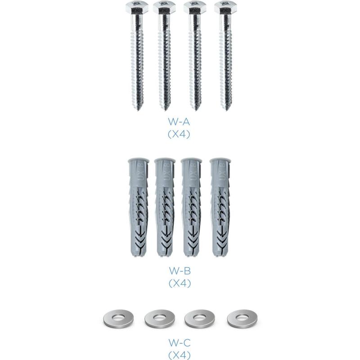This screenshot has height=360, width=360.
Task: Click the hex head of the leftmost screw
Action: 137,7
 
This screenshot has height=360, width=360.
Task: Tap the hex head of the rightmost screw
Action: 226,7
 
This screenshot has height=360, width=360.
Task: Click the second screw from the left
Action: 165,56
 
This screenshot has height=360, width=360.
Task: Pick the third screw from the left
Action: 195,56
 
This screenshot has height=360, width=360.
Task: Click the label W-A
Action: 179,121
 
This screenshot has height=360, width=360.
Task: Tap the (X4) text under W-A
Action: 179,134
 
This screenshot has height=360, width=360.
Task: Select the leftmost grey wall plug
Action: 138,207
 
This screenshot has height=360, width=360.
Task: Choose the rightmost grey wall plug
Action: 220,207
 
